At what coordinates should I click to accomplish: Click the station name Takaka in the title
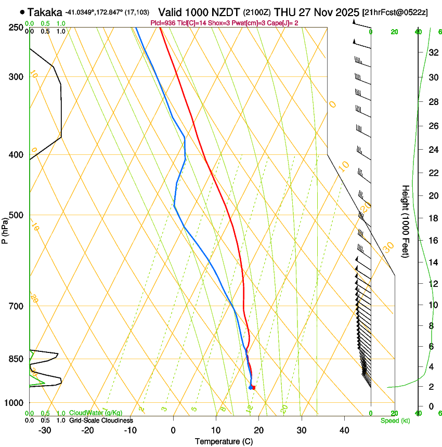coord(45,12)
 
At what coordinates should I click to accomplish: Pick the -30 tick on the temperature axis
coord(45,430)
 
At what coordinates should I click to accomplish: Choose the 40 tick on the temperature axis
coord(344,430)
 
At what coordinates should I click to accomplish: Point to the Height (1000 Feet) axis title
coord(406,221)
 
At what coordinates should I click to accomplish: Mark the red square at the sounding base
coord(253,387)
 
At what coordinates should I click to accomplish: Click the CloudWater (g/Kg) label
coord(96,413)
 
